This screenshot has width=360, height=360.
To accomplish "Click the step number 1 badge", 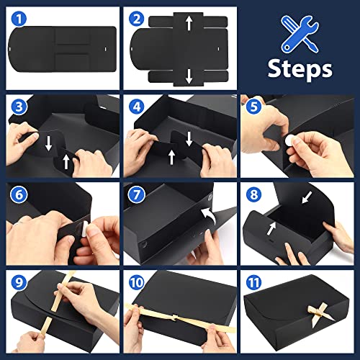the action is tap(19, 19).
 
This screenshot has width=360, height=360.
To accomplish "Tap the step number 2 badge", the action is tap(136, 19).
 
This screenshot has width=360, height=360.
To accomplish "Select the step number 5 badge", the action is tap(253, 107).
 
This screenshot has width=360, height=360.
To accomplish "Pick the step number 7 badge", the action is tap(136, 194).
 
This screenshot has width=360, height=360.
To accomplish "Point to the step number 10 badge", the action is tap(136, 282).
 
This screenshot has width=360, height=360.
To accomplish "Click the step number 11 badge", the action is tap(253, 282).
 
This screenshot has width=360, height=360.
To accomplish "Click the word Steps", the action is tap(300, 68).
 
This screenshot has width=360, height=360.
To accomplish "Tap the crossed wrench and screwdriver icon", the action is tap(300, 34).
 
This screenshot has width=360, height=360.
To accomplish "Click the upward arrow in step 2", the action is tap(189, 23).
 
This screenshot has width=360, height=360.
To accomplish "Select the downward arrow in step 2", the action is tap(189, 76).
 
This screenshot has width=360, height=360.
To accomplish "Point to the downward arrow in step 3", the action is tap(49, 143).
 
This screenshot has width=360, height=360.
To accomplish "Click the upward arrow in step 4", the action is tap(171, 157).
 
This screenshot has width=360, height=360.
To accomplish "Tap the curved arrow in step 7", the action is tap(208, 215).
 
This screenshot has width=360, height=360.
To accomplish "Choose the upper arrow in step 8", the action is tap(307, 197).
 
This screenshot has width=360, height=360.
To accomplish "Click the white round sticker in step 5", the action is tap(289, 140).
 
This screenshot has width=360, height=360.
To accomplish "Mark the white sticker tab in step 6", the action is tap(86, 229).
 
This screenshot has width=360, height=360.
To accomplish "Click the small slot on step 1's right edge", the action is tap(105, 49).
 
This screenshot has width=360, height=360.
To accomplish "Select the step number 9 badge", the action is tap(19, 282).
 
